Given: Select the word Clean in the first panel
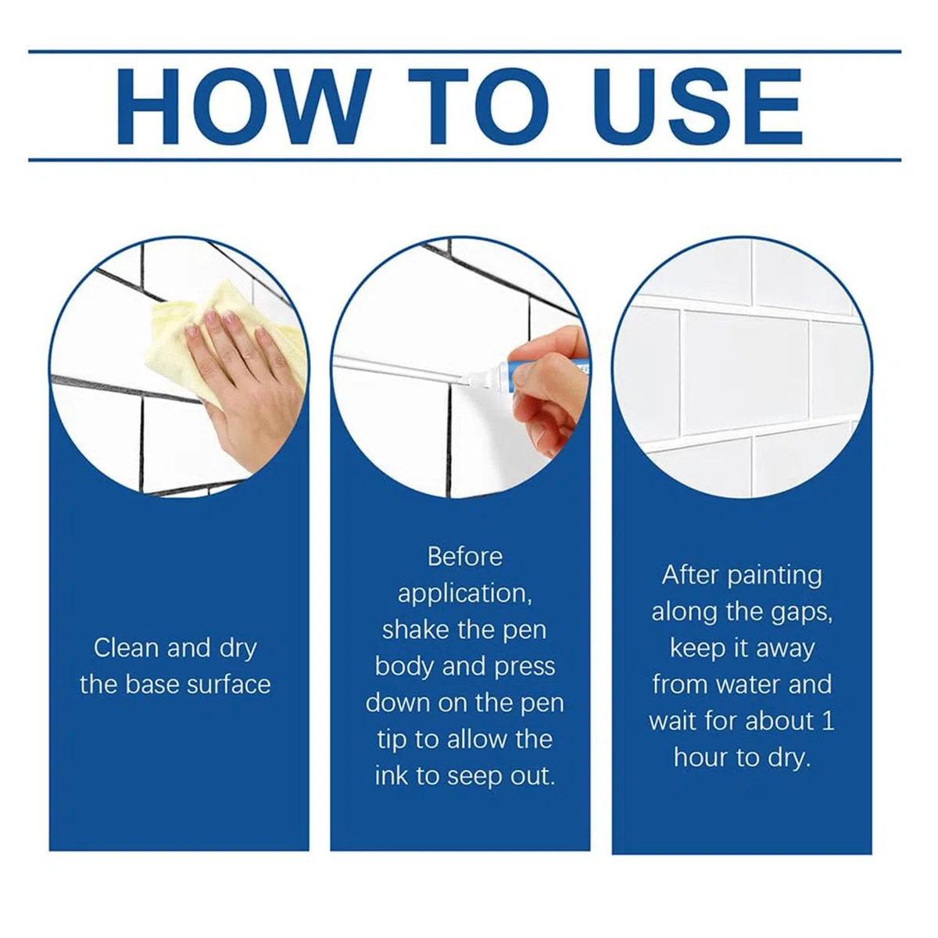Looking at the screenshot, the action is click(x=126, y=648).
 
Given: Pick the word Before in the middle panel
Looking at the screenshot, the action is click(x=465, y=557).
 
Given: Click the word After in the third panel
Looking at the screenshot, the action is click(x=691, y=575).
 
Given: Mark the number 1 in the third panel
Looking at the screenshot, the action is click(x=828, y=721).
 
